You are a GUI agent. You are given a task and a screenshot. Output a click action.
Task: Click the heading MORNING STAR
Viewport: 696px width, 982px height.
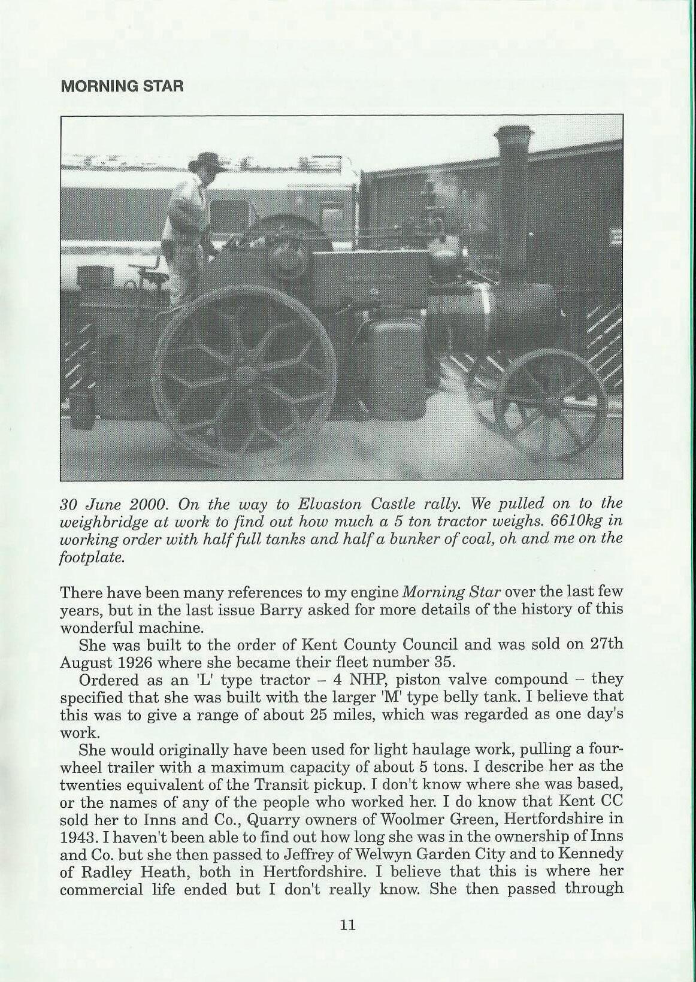(122, 86)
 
